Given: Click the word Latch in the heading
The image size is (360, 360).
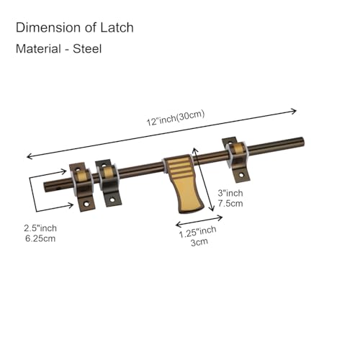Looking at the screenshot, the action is [117, 27].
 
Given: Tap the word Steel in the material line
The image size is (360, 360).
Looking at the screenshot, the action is [87, 49].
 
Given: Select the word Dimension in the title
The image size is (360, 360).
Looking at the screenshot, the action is [48, 27].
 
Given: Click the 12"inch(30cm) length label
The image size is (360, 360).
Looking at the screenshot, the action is [176, 118].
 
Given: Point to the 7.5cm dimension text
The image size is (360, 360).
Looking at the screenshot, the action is [230, 203].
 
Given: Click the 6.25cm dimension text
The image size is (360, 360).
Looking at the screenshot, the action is [40, 238].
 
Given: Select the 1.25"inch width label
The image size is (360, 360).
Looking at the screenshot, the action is [197, 232].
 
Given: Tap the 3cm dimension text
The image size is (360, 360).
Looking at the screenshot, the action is [199, 242].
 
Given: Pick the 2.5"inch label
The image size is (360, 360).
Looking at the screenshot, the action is [40, 228].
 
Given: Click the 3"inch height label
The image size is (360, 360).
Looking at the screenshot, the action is [230, 193].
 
